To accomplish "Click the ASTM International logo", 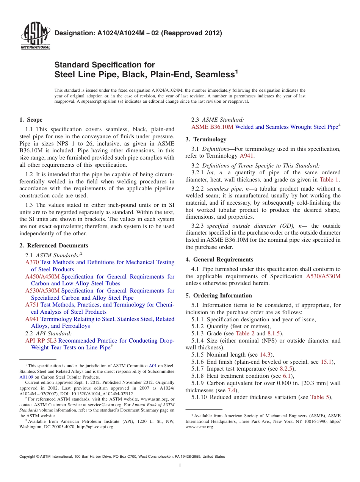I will (35, 36).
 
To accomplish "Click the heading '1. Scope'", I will (31, 120).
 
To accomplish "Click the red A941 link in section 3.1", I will (247, 156).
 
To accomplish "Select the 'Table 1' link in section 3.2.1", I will (329, 180).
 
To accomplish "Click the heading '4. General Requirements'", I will (219, 260).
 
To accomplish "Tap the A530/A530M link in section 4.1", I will (323, 276).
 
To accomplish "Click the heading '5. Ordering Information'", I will (219, 296).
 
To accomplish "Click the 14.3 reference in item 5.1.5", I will (264, 355).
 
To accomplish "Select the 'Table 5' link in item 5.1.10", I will (320, 397).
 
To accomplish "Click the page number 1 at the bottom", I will (180, 466).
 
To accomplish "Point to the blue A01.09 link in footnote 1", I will (26, 377).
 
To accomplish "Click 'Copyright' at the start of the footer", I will (28, 457).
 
